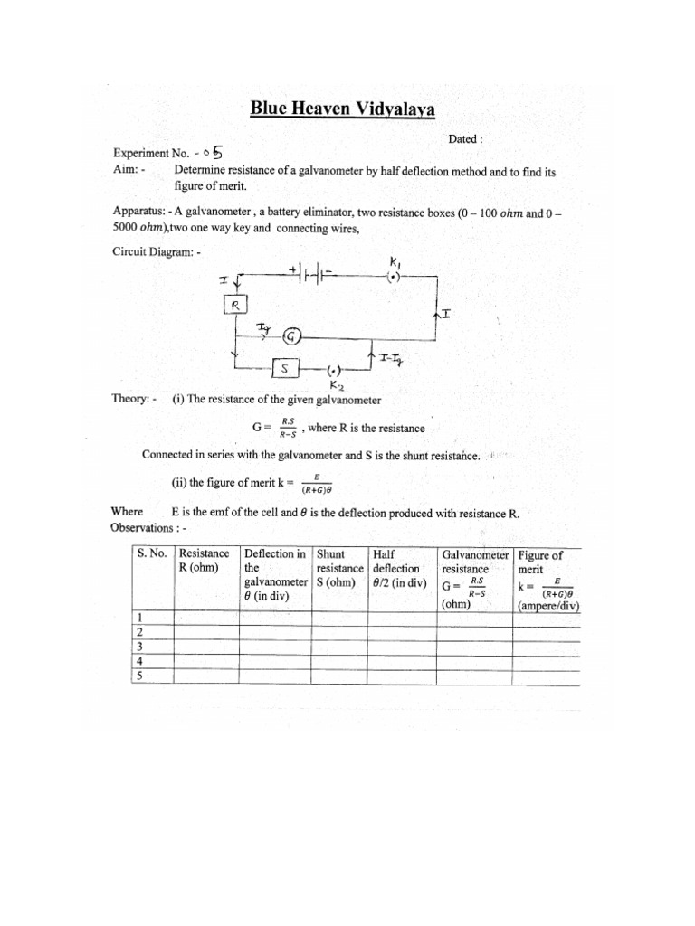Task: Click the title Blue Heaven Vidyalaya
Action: [342, 110]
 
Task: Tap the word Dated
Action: [465, 139]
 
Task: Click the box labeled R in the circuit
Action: [234, 306]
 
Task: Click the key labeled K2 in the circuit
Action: [334, 371]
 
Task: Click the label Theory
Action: [129, 400]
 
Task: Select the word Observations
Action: [141, 527]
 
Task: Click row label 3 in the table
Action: [139, 647]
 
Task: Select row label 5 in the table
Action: [139, 675]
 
